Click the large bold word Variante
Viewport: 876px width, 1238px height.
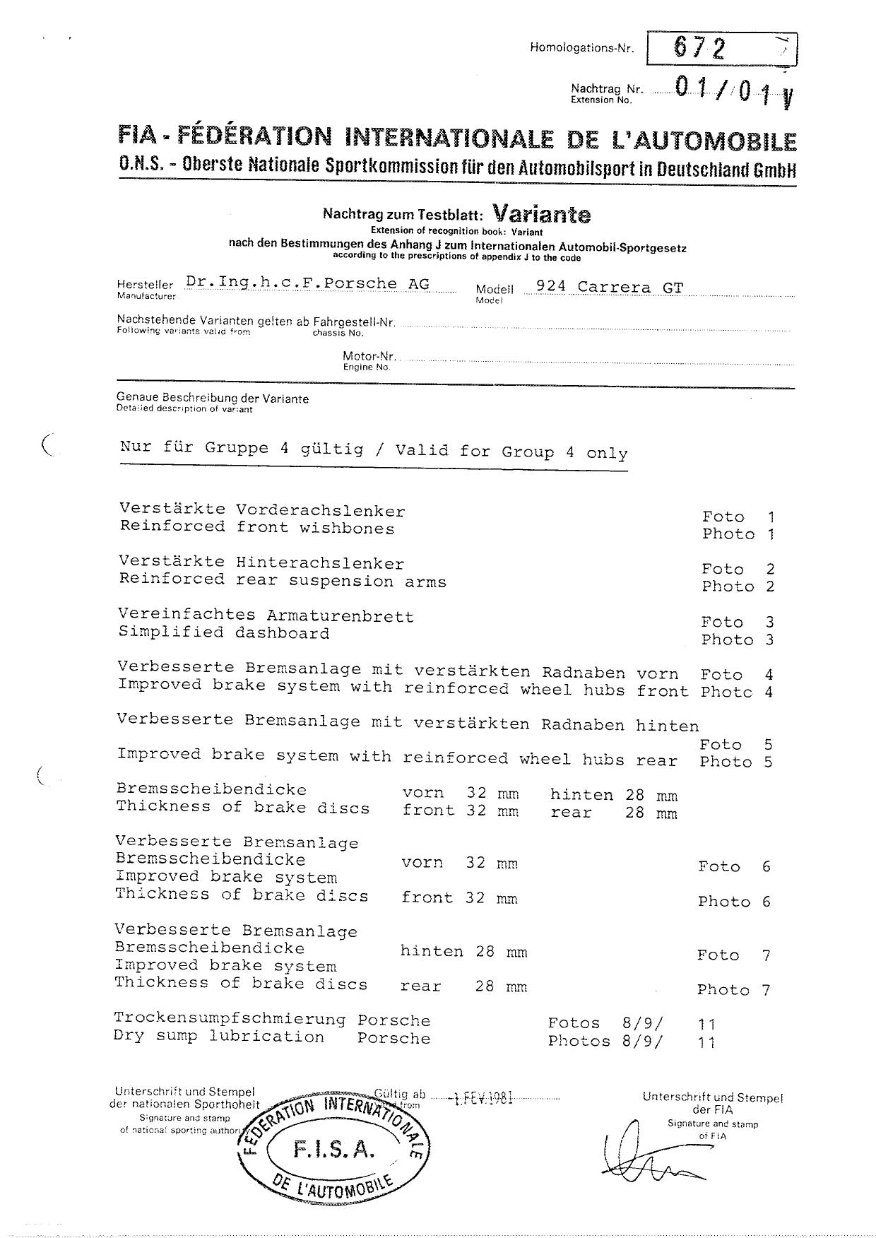(x=541, y=213)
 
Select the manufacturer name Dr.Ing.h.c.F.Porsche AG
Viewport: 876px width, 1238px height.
(x=307, y=283)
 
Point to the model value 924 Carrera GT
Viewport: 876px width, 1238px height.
(x=609, y=287)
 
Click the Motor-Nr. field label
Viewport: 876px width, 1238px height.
(x=369, y=356)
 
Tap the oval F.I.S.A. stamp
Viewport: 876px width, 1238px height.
(x=333, y=1150)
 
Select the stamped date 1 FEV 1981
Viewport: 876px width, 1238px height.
(x=483, y=1099)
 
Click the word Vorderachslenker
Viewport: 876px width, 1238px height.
(x=321, y=511)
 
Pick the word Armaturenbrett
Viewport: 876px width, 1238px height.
(x=341, y=616)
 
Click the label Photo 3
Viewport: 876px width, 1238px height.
(x=737, y=639)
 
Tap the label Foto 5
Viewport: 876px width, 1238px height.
(x=735, y=744)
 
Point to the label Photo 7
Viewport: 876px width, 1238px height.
(x=733, y=990)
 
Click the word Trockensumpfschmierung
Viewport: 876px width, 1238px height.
(x=230, y=1019)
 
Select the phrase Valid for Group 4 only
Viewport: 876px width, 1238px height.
(x=511, y=452)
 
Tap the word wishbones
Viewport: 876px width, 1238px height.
(x=347, y=529)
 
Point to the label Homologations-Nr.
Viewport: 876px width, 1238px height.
(x=581, y=48)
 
